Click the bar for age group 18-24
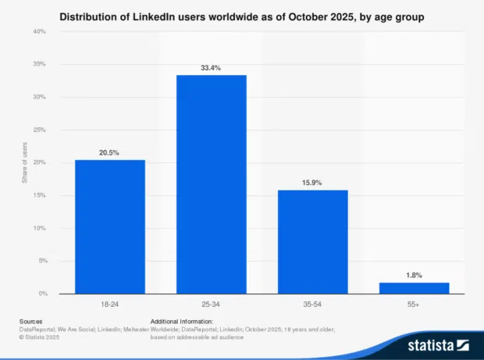click(x=110, y=226)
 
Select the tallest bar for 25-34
click(x=212, y=184)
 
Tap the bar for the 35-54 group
click(x=313, y=241)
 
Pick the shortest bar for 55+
click(x=415, y=288)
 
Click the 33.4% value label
click(x=212, y=68)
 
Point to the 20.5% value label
click(x=110, y=152)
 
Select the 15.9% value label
click(x=313, y=183)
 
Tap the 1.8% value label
click(x=415, y=275)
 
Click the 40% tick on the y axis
click(x=39, y=31)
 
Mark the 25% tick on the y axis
click(x=39, y=130)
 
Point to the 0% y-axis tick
click(x=41, y=294)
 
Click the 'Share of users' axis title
click(x=25, y=162)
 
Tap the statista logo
click(x=437, y=344)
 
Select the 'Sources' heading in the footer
click(x=32, y=321)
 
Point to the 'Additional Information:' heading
click(x=181, y=321)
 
